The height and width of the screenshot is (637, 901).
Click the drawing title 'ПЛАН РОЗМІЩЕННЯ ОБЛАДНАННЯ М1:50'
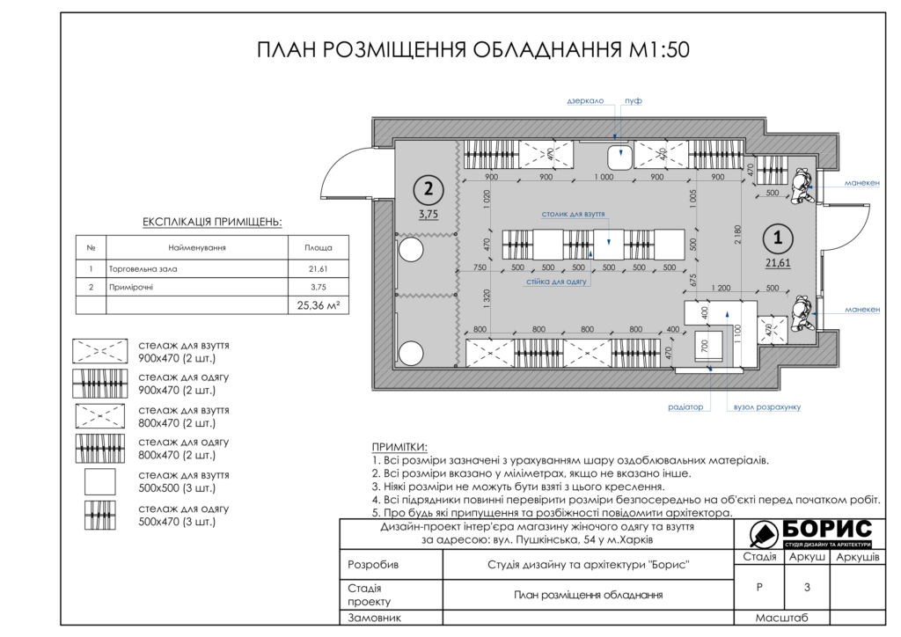472,49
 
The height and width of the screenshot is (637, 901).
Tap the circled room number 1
776,237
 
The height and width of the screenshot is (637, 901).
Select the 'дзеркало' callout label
584,101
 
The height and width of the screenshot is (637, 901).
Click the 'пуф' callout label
633,101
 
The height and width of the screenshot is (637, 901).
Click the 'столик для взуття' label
573,214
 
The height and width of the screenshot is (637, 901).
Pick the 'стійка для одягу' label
557,281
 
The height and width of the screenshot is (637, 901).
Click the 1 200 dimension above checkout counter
721,288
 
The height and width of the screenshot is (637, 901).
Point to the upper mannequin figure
802,186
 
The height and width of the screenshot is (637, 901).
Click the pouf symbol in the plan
620,157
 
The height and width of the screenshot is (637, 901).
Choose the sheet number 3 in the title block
806,587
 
